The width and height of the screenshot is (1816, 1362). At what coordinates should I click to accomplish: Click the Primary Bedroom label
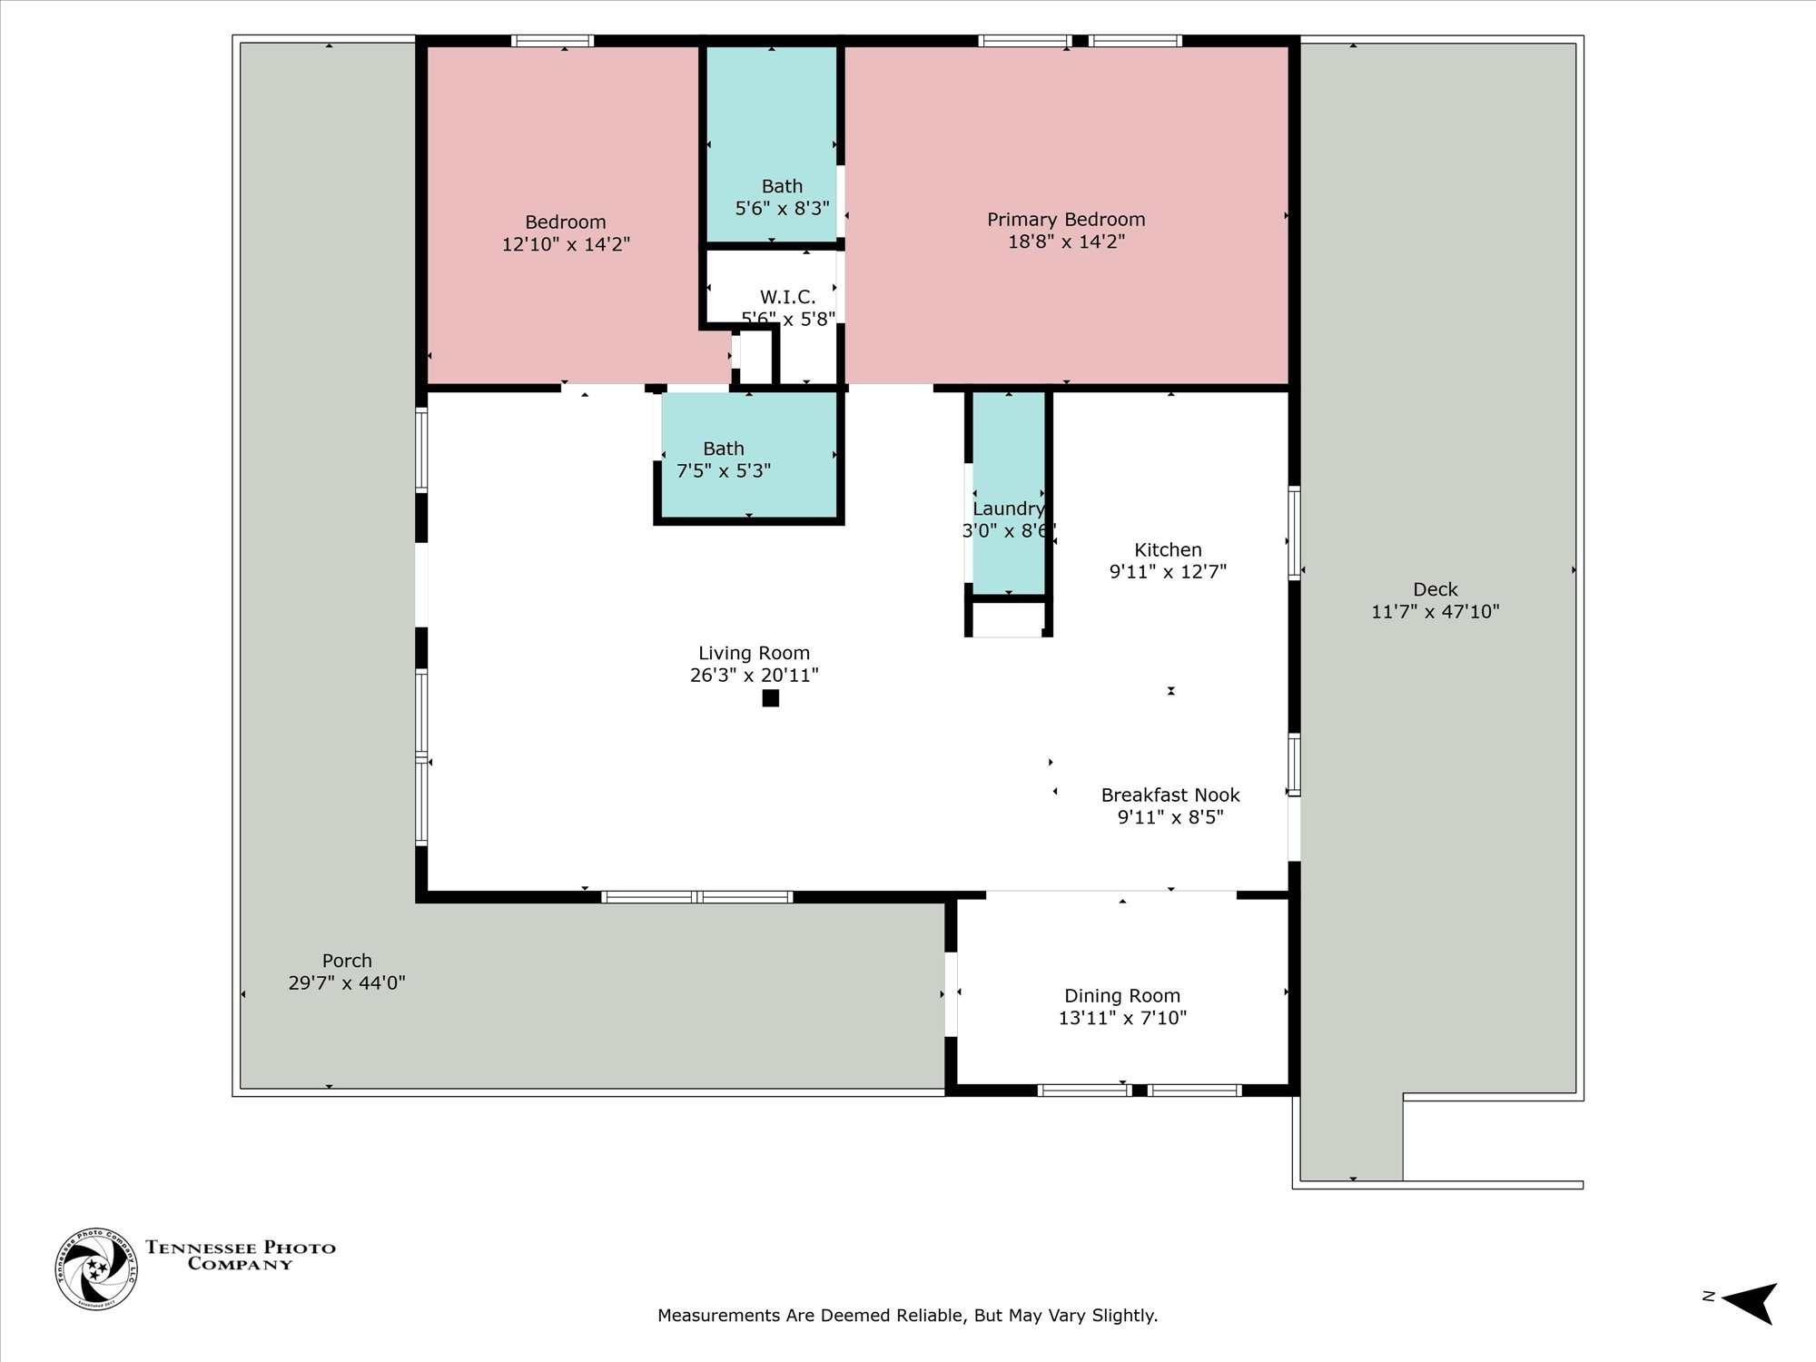coord(1066,220)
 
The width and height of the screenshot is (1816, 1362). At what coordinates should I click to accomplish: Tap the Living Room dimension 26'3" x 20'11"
coord(754,676)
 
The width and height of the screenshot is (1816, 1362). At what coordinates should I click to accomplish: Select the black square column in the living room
coord(770,698)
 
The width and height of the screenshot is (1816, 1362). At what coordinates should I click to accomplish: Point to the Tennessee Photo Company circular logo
coord(96,1268)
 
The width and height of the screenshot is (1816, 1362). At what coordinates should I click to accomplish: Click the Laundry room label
coord(1008,508)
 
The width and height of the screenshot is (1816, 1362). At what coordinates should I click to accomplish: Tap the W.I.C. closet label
coord(787,297)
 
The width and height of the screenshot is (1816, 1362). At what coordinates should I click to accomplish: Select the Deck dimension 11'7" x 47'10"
coord(1435,612)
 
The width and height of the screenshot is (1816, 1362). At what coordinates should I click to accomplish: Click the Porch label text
coord(347,961)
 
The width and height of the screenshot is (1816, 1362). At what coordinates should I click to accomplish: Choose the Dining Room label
coord(1122,996)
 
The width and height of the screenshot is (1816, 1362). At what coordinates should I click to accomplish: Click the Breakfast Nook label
coord(1170,795)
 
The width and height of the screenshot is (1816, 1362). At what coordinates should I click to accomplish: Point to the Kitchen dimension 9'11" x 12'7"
coord(1168,572)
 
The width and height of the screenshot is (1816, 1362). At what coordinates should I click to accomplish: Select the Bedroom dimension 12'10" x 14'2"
coord(566,244)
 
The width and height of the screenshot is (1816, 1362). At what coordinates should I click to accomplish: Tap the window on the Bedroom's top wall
coord(552,41)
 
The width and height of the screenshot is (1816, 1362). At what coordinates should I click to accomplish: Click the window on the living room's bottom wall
coord(696,897)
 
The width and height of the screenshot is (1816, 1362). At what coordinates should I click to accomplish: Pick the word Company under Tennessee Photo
coord(240,1264)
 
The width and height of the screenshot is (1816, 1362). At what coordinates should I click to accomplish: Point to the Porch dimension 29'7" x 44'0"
coord(347,983)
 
